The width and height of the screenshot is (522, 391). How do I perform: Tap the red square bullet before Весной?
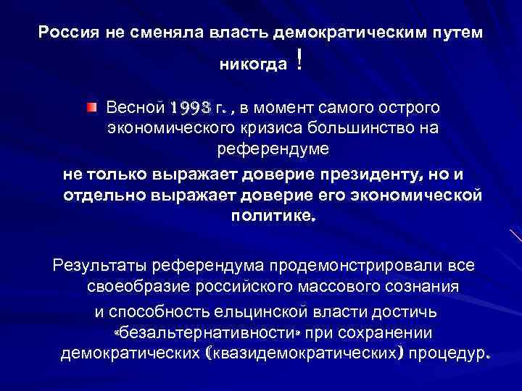coord(90,108)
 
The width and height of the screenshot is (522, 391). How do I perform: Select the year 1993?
coord(192,109)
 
